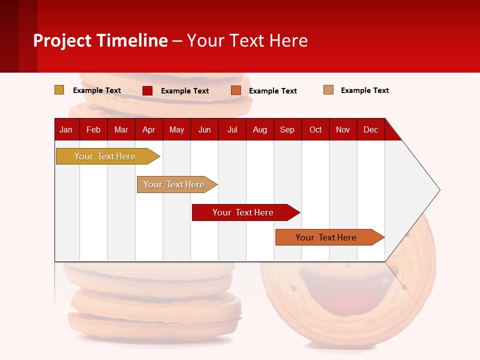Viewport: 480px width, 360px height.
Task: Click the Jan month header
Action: pos(66,129)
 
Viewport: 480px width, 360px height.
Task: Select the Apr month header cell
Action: pos(149,129)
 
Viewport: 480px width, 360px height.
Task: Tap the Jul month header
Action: pos(232,129)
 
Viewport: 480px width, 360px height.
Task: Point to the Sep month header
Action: pos(287,129)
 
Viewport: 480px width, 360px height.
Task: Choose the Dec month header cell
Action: pos(370,129)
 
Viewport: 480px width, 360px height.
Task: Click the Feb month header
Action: pos(93,129)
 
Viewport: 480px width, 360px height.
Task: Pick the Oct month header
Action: pos(315,129)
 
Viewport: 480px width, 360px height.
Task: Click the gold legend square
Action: pos(59,90)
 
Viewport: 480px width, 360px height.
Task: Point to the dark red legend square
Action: pos(147,90)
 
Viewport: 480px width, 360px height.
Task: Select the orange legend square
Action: pos(236,90)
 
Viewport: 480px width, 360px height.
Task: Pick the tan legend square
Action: pos(328,90)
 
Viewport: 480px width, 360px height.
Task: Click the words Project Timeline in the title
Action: pos(100,40)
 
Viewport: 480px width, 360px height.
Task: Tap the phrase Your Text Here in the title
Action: pos(247,40)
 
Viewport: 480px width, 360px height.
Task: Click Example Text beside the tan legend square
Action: pos(364,90)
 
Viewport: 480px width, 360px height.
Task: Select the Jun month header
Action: pos(204,129)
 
